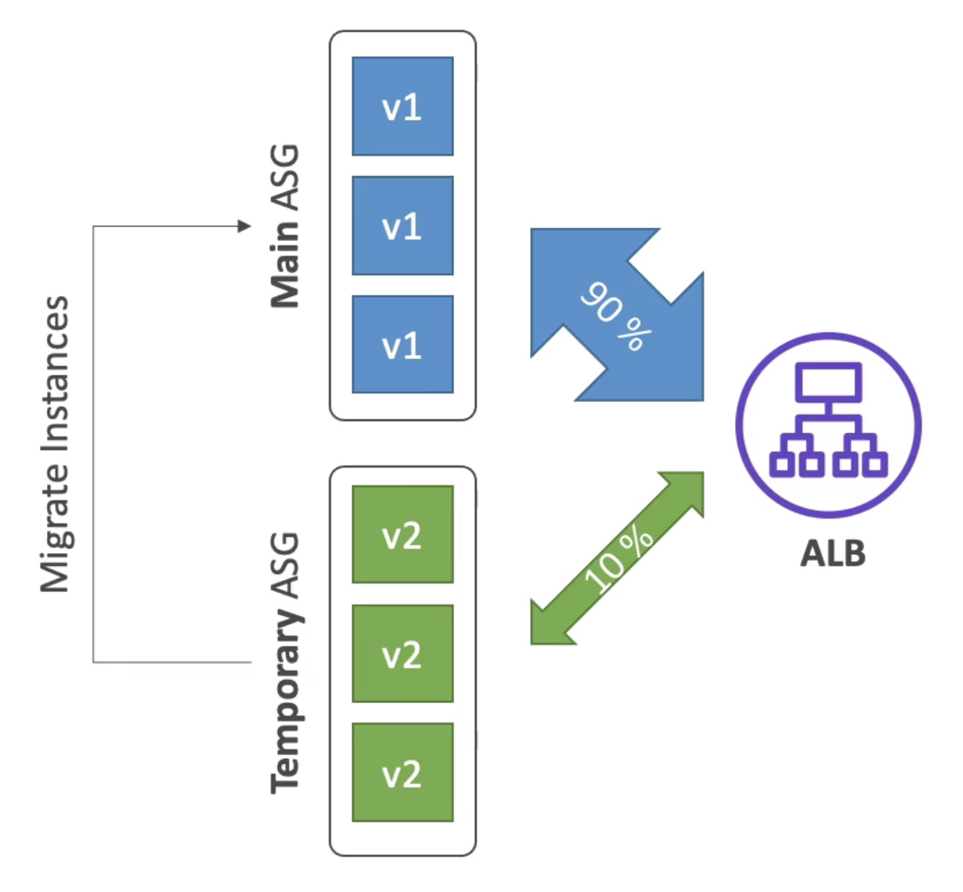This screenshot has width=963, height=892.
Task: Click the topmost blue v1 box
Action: pyautogui.click(x=403, y=106)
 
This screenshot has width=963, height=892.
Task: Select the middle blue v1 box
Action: pyautogui.click(x=403, y=226)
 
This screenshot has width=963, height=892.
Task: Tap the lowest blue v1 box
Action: pyautogui.click(x=403, y=345)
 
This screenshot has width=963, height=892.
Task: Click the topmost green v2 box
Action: pyautogui.click(x=403, y=534)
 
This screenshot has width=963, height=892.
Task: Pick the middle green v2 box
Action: pyautogui.click(x=403, y=653)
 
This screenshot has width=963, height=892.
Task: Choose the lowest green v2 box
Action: pyautogui.click(x=403, y=773)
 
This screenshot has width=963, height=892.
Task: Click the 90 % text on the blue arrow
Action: pyautogui.click(x=616, y=316)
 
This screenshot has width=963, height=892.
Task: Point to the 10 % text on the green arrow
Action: pyautogui.click(x=618, y=560)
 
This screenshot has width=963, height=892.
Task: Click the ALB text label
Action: pyautogui.click(x=832, y=553)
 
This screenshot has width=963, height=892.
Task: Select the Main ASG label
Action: pyautogui.click(x=285, y=226)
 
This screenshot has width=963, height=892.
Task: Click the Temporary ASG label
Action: pyautogui.click(x=286, y=662)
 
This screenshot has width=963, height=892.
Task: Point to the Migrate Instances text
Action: pyautogui.click(x=55, y=445)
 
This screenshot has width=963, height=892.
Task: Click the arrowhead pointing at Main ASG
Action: pyautogui.click(x=245, y=226)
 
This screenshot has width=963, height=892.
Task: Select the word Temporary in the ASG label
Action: pyautogui.click(x=286, y=701)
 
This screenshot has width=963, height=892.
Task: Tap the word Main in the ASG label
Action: pyautogui.click(x=285, y=265)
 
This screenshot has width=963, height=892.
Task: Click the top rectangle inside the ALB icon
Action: pyautogui.click(x=828, y=382)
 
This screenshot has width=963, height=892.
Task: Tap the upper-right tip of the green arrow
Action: pyautogui.click(x=702, y=473)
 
